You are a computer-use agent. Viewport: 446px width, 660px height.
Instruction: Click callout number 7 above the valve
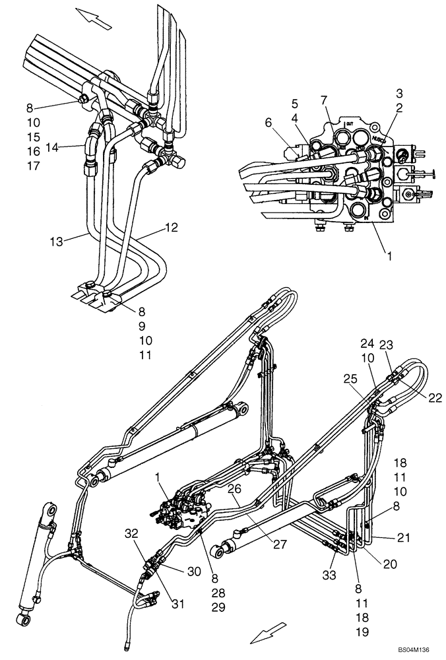324,100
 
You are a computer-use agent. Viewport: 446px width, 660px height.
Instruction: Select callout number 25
349,378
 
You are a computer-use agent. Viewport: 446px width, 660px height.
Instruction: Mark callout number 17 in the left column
34,166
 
